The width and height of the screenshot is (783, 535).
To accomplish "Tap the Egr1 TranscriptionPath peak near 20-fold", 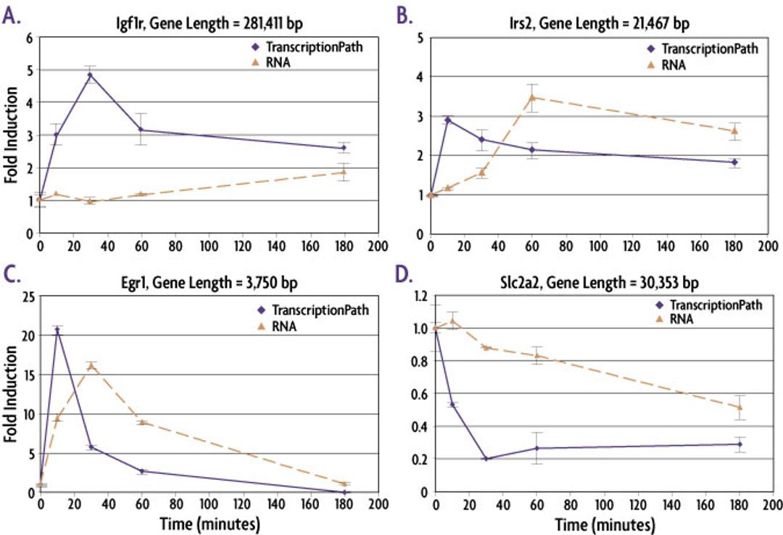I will click(57, 330).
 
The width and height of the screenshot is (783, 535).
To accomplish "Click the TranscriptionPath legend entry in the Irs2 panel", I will click(702, 49).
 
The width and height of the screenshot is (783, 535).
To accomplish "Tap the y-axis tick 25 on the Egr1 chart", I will click(26, 296).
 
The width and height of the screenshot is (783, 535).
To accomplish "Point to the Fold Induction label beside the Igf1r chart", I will click(12, 136).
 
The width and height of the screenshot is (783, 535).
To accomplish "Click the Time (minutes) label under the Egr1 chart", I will click(207, 523).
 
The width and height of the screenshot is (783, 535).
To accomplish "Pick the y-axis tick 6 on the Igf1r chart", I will click(29, 38).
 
